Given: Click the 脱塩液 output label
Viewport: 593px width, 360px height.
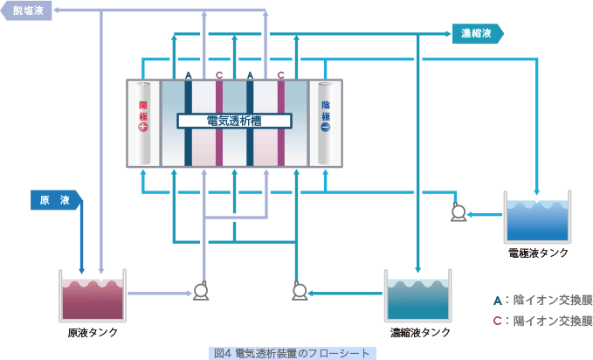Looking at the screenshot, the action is click(x=25, y=10).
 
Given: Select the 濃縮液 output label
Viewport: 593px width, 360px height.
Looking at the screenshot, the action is click(x=478, y=34).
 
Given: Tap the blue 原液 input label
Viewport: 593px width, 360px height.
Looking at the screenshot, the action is click(x=57, y=200).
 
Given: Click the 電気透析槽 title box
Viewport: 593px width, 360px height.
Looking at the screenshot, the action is click(x=234, y=121).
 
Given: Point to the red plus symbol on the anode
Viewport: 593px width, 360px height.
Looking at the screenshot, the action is click(x=143, y=127).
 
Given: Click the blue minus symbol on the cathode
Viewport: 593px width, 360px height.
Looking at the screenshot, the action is click(x=326, y=127).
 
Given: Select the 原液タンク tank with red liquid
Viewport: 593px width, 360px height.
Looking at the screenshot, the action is click(x=93, y=295).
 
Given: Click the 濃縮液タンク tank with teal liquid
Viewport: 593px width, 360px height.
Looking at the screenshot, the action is click(x=418, y=295).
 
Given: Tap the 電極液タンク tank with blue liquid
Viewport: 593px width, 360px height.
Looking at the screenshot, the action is click(x=537, y=217).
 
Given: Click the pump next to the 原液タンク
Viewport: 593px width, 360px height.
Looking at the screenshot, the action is click(x=201, y=291).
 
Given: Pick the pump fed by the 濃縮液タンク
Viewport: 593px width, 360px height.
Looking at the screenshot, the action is click(x=300, y=291).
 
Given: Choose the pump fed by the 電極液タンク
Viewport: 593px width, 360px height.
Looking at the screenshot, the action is click(x=459, y=212).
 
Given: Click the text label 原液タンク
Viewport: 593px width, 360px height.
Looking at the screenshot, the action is click(x=93, y=332).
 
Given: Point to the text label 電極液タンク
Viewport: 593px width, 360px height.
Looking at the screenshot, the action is click(x=538, y=253).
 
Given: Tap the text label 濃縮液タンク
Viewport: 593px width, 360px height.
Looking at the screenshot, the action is click(x=420, y=332).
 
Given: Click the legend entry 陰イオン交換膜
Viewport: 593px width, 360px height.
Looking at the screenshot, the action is click(x=542, y=301).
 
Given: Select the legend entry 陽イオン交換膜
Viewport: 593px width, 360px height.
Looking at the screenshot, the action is click(x=542, y=321).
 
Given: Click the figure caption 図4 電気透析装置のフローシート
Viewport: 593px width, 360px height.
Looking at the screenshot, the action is click(x=293, y=353).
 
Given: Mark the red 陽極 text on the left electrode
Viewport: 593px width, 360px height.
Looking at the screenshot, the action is click(x=143, y=111).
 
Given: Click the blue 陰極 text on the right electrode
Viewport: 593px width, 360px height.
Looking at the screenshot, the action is click(x=326, y=111).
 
